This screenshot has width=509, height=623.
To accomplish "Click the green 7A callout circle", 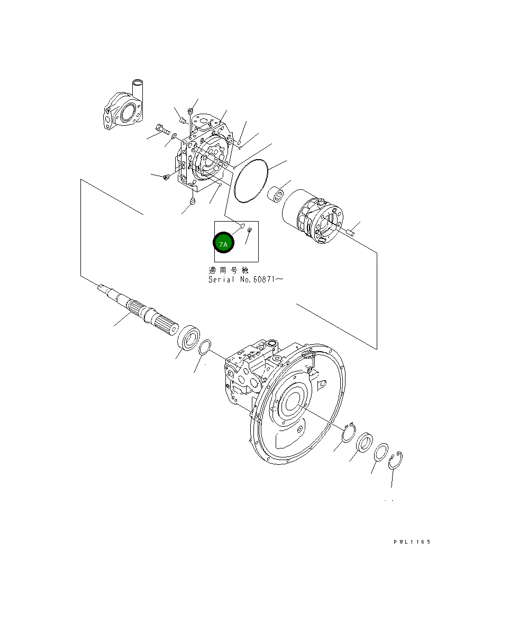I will [223, 244].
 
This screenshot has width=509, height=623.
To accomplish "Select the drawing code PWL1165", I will [412, 542].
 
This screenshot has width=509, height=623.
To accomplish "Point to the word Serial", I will [221, 279].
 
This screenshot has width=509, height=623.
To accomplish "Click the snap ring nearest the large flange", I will [348, 433].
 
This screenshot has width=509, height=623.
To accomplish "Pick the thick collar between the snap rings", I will [365, 443].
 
